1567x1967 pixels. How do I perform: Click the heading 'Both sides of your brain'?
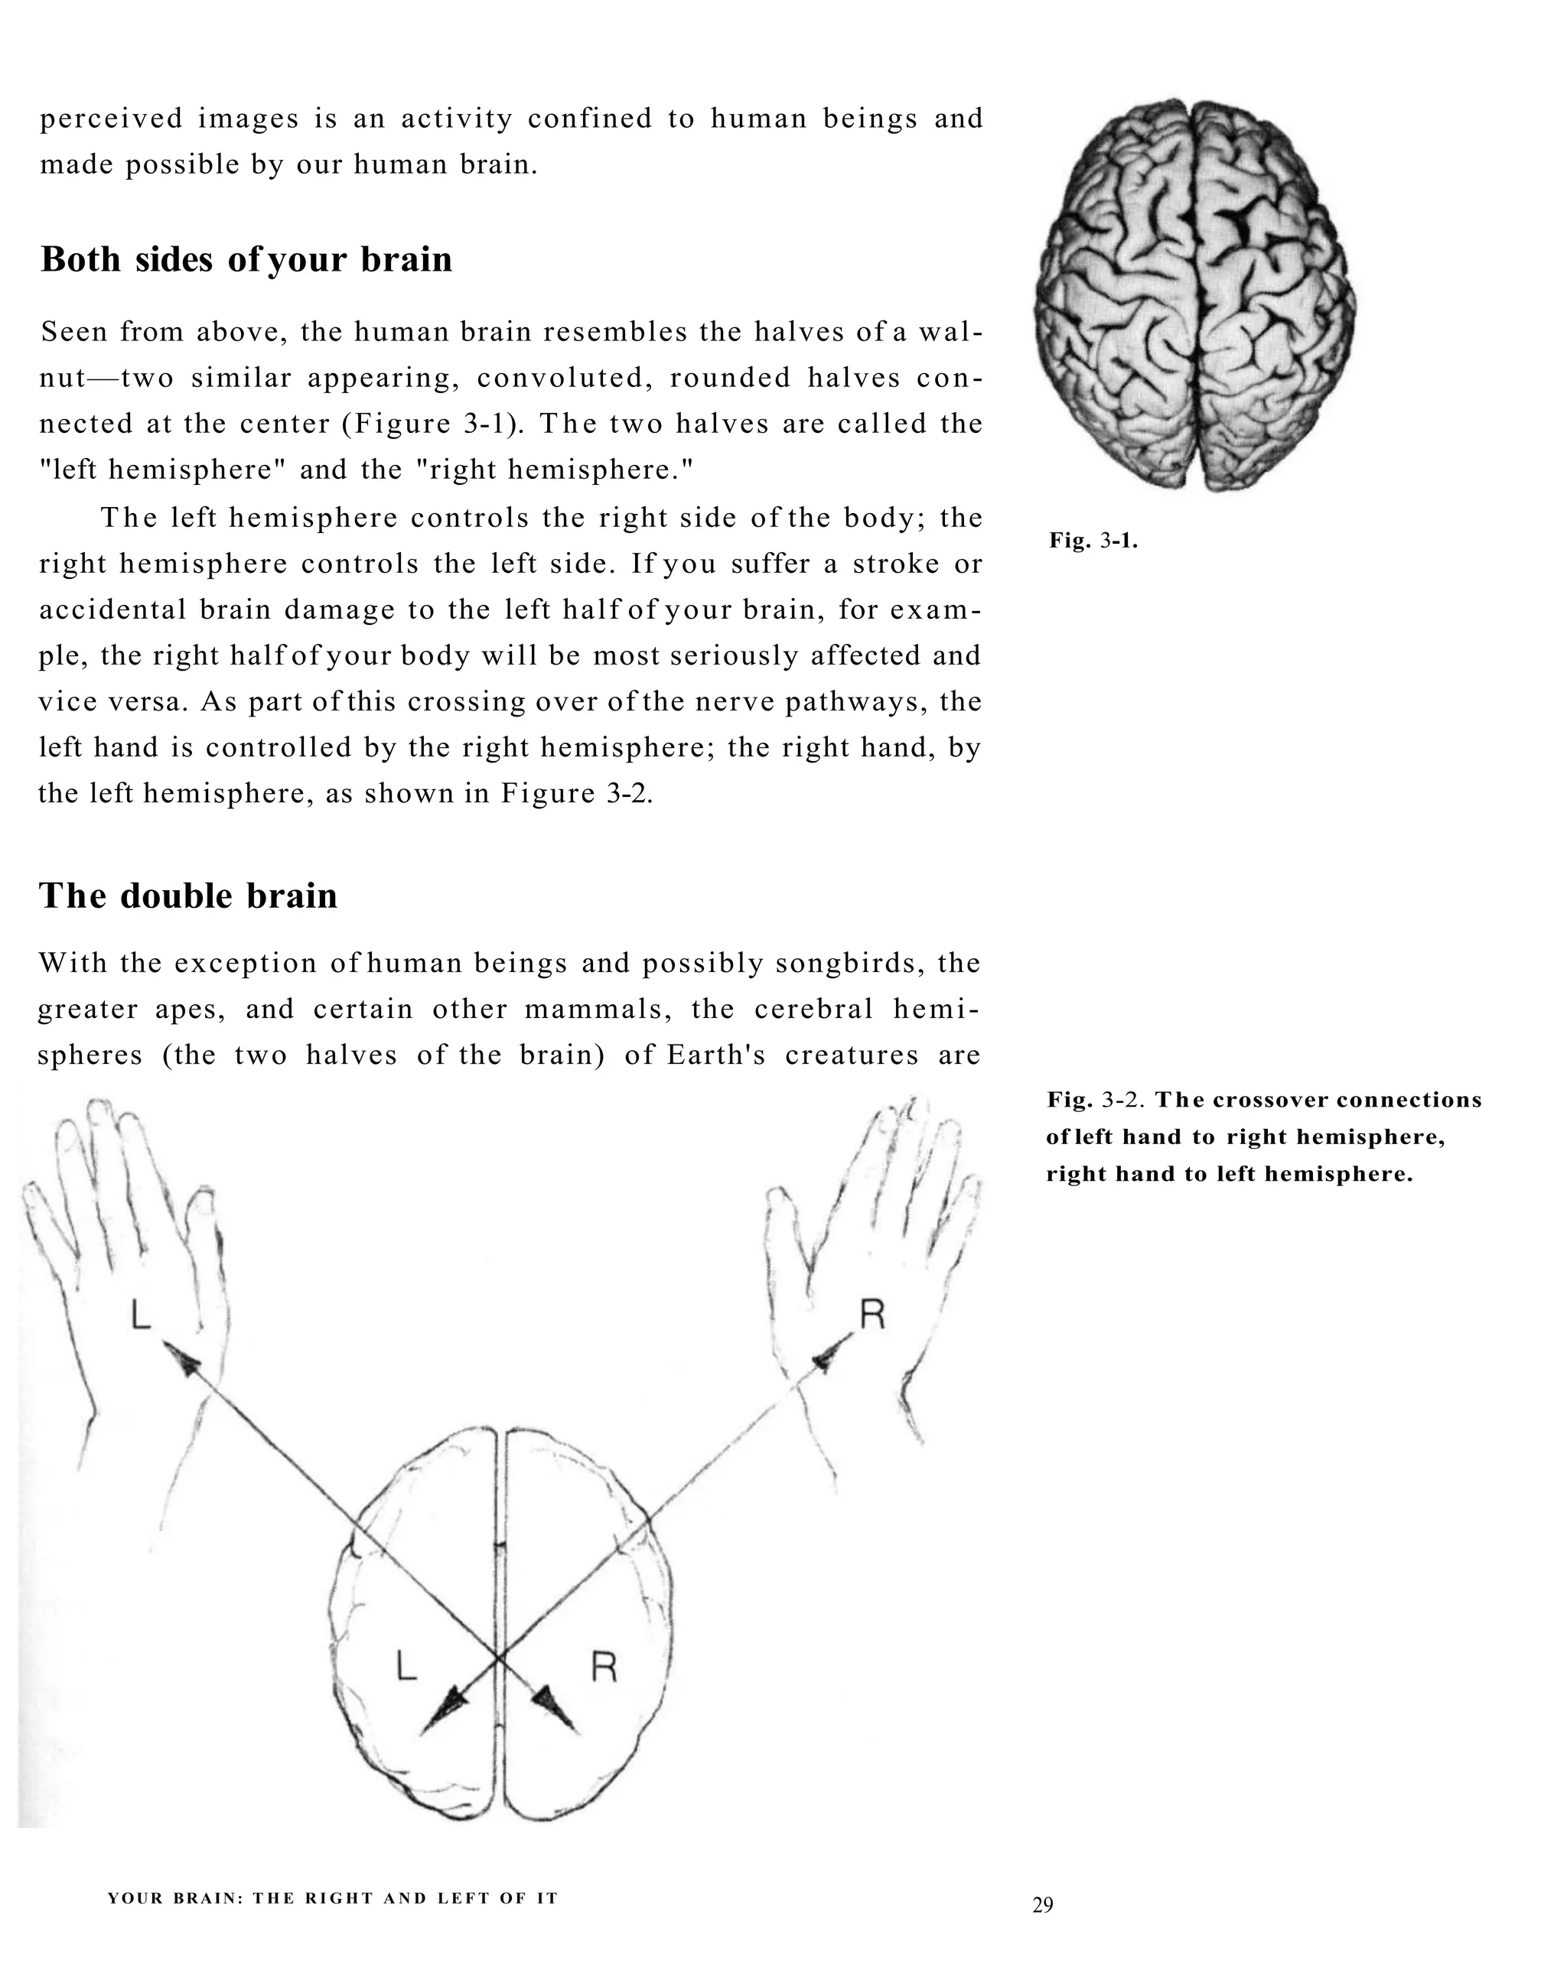point(246,260)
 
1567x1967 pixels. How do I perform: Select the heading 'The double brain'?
point(188,896)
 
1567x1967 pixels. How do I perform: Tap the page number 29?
point(1042,1904)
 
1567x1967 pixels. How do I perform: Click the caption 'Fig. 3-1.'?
point(1093,540)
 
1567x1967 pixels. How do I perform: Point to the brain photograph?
point(1194,294)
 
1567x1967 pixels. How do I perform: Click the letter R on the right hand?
point(871,1315)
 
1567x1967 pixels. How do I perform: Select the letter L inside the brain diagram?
point(406,1667)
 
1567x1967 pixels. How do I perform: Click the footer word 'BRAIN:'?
point(207,1899)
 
